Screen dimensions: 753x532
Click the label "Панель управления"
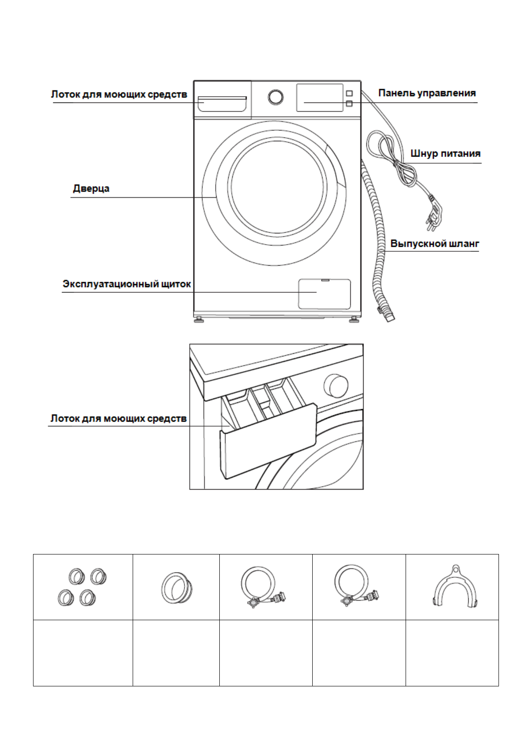tap(427, 93)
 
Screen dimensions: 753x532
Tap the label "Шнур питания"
tap(445, 154)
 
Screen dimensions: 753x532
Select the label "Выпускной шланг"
tap(435, 244)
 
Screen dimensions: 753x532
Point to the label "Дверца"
tap(91, 188)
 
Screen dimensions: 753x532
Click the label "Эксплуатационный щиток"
tap(127, 284)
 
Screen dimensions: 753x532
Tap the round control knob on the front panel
tap(276, 97)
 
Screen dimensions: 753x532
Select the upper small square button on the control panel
tap(349, 93)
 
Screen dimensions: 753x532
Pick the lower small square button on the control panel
tap(349, 104)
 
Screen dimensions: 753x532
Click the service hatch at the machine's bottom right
tap(324, 293)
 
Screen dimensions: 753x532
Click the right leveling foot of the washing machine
tap(354, 320)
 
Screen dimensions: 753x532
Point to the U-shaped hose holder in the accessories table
tap(454, 588)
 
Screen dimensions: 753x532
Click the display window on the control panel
tap(320, 97)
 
